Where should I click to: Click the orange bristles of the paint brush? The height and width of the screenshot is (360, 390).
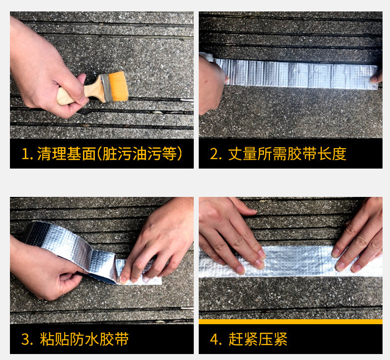pos(117,86)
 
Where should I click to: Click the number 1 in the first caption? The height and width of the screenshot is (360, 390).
pos(25,154)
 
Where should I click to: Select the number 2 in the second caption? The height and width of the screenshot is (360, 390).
pos(215,154)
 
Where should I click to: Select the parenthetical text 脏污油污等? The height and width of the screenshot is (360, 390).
pos(142,154)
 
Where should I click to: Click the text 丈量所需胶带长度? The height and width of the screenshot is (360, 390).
pos(287,154)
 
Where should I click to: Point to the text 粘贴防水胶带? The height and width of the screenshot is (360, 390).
pos(84,339)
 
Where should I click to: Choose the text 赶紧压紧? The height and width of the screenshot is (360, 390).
pos(258,339)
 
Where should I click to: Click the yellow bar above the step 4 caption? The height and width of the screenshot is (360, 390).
pos(290,321)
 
